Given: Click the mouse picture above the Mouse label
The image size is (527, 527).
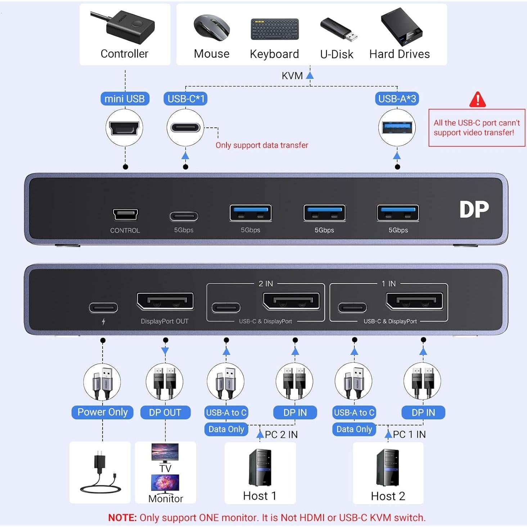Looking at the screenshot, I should pos(212,27).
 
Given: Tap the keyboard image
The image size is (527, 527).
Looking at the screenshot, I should pos(275,29).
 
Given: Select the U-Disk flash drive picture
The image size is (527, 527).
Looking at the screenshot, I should pos(338,29).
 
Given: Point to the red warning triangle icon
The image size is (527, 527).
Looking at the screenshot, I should pos(477,100).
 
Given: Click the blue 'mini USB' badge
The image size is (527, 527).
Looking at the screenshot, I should pos(125,99).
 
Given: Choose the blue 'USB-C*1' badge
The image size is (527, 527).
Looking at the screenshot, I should pos(186,99).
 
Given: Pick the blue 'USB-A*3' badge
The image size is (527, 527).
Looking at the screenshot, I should pos(397,99).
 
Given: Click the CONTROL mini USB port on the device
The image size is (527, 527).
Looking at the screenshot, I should pos(125,215).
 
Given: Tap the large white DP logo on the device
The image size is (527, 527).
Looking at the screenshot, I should pos(474,210).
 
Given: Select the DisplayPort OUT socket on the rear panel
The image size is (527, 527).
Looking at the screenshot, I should pos(165,301).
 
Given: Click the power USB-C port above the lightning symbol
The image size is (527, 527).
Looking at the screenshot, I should pos(103,308).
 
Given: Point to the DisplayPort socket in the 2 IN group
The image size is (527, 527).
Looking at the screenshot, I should pos(292,301).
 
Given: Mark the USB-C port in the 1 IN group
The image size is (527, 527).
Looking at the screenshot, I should pos(352,308).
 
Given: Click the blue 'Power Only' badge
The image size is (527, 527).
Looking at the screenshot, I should pos(103,412).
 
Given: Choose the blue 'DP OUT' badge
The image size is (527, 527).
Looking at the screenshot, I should pos(165,413).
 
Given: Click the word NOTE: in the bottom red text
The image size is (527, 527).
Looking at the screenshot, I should pos(122,518).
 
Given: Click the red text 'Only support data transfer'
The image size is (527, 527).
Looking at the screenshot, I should pos(262,145).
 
